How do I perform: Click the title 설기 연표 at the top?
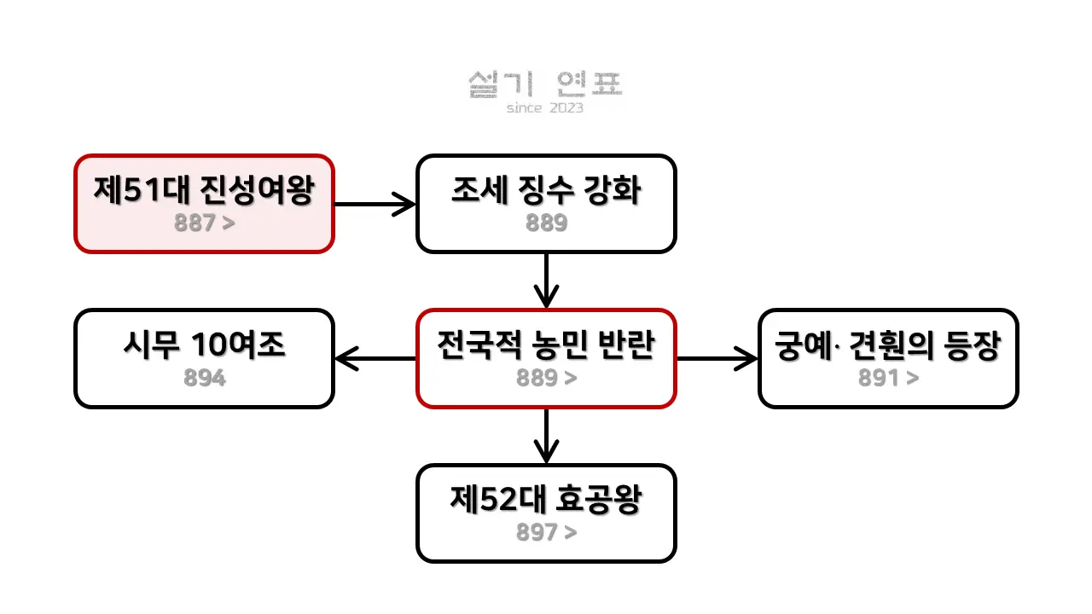click(x=545, y=84)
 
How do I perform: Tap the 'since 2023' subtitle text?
click(x=545, y=108)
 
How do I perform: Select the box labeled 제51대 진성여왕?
click(x=204, y=204)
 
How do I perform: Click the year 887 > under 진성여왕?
click(x=205, y=223)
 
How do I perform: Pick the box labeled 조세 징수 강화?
click(x=546, y=204)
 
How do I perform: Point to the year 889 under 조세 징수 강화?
click(x=546, y=223)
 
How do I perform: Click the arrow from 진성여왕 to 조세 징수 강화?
click(x=375, y=204)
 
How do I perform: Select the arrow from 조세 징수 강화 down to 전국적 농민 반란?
click(x=546, y=281)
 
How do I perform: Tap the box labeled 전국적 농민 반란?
click(x=546, y=358)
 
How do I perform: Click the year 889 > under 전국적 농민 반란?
click(x=546, y=378)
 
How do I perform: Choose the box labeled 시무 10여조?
click(x=204, y=358)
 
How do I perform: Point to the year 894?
click(x=205, y=378)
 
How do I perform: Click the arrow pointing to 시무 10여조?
click(x=375, y=358)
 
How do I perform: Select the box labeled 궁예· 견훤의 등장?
click(x=888, y=358)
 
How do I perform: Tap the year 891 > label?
click(x=888, y=378)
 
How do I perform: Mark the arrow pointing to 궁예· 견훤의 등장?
click(x=717, y=358)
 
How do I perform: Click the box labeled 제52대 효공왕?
click(x=546, y=513)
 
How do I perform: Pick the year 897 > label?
click(x=546, y=532)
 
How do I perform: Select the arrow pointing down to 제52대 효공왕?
click(x=546, y=436)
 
